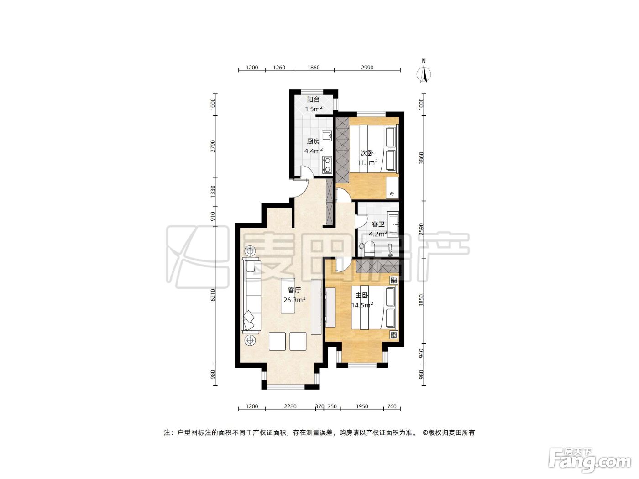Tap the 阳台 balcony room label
tap(314, 99)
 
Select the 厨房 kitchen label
tap(313, 141)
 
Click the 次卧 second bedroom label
tap(367, 153)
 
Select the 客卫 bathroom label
tap(378, 224)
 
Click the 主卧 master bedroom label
tap(362, 296)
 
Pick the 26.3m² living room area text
tap(294, 300)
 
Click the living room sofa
tap(251, 296)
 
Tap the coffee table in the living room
tap(290, 296)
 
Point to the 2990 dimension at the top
tap(367, 68)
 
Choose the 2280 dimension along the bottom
tap(290, 406)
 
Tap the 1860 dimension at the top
tap(314, 68)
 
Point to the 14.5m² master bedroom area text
tap(362, 305)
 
